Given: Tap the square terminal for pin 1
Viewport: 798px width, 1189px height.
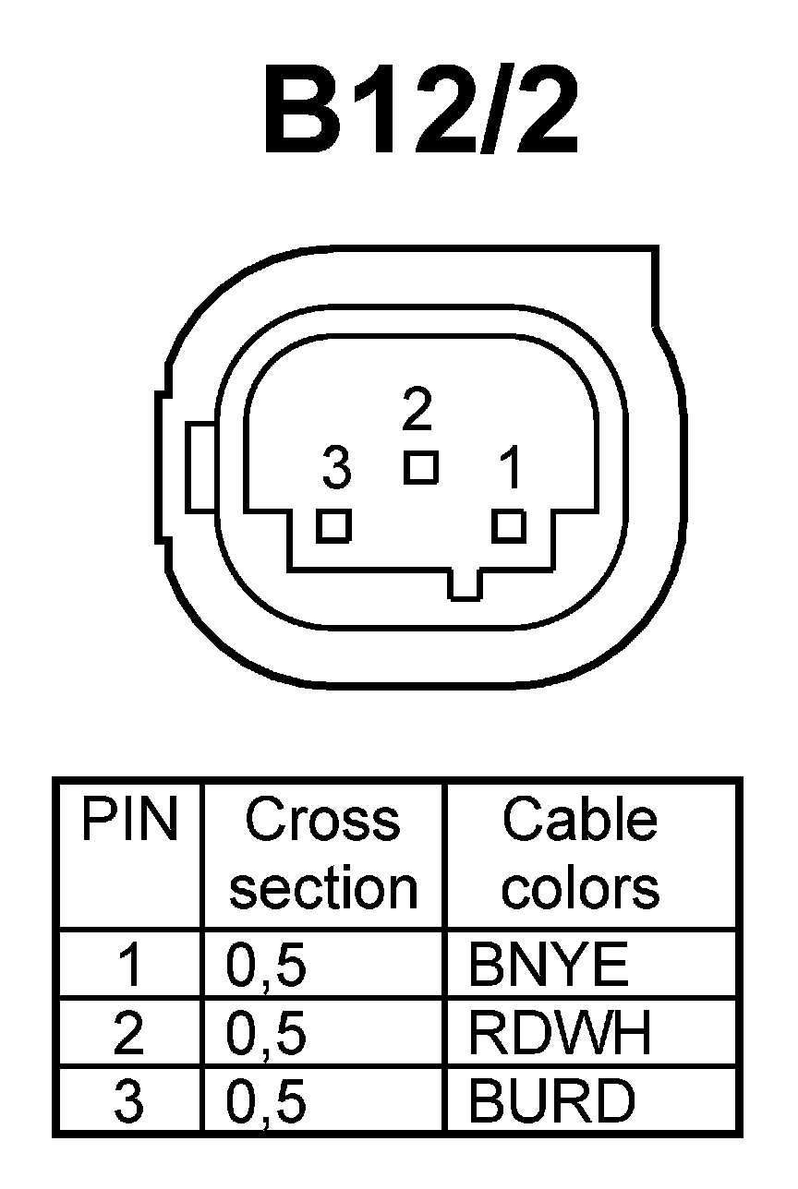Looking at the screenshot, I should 509,526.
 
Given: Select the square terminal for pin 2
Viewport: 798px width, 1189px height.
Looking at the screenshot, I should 420,466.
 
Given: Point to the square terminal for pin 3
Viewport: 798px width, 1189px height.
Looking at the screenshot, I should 332,526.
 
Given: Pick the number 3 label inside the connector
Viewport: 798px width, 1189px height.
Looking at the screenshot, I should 337,469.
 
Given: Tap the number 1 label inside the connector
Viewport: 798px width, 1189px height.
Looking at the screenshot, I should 510,469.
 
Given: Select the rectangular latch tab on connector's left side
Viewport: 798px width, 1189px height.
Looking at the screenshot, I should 200,466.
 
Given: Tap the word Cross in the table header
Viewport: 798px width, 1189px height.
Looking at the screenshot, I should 323,819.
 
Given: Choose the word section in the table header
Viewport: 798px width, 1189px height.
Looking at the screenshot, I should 323,887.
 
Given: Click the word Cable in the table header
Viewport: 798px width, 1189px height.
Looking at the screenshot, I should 580,819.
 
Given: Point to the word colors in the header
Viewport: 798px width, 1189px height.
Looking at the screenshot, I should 580,887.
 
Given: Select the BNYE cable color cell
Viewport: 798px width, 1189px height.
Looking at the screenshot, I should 549,966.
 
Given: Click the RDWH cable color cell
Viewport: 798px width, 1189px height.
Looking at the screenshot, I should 560,1033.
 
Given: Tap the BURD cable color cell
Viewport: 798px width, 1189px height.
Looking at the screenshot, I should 552,1100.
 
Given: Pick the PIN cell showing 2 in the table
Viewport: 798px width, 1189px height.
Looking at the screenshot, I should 128,1033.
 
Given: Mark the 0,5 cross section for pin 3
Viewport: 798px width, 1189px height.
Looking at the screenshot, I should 266,1101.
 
